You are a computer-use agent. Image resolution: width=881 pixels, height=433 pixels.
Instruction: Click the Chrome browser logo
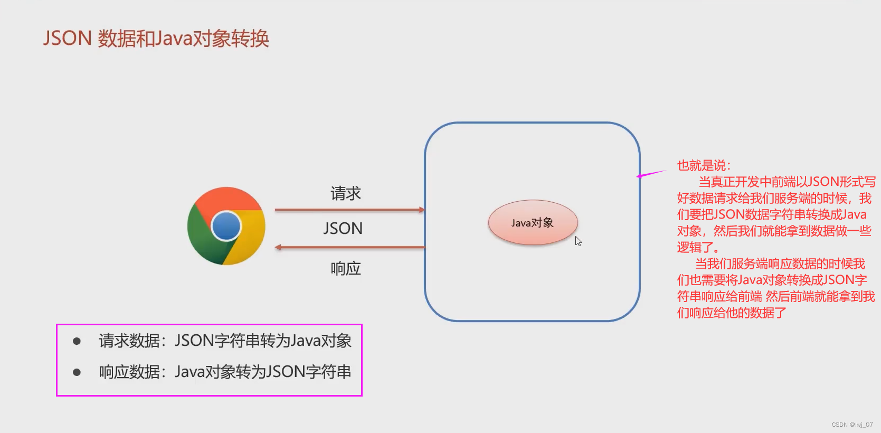[x=226, y=225]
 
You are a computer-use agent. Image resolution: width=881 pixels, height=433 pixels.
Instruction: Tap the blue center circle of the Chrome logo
[x=226, y=226]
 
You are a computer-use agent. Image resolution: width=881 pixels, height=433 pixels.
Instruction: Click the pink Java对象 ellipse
[x=533, y=222]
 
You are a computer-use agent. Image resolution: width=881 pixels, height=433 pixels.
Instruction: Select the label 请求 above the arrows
[x=346, y=193]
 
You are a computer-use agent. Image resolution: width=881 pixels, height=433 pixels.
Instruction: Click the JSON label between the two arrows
[x=343, y=228]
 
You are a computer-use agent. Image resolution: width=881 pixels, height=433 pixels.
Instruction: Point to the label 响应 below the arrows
[x=346, y=269]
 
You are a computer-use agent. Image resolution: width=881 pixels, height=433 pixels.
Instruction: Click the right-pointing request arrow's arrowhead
[x=422, y=210]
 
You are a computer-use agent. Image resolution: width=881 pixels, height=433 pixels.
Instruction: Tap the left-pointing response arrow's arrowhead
[x=278, y=247]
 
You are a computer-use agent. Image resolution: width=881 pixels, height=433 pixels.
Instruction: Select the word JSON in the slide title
[x=68, y=39]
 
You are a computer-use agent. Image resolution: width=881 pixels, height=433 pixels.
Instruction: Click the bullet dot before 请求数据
[x=77, y=341]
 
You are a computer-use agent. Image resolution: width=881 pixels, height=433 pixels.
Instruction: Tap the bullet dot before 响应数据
[x=77, y=372]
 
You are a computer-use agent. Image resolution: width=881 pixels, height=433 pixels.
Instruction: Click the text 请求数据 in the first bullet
[x=129, y=341]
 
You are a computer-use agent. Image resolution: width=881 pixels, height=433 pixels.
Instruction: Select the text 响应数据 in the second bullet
[x=129, y=372]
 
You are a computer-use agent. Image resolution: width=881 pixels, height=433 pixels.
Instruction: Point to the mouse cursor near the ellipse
[x=578, y=241]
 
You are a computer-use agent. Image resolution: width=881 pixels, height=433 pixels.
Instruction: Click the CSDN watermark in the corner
[x=852, y=425]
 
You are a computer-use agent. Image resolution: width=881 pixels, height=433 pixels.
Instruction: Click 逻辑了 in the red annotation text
[x=695, y=247]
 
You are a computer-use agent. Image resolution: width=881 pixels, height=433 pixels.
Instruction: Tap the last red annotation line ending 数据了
[x=732, y=313]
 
